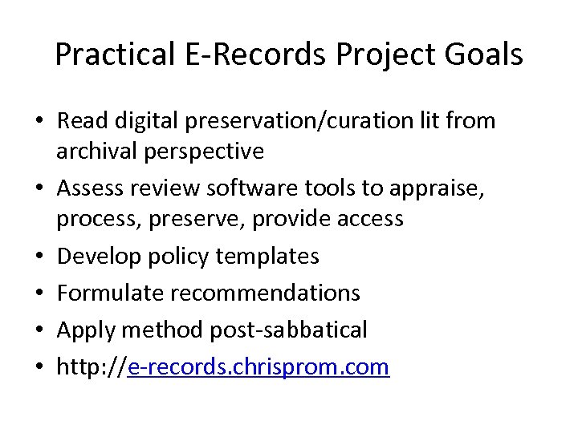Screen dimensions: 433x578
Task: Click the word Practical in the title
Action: click(112, 55)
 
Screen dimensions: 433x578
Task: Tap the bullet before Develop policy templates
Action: click(40, 257)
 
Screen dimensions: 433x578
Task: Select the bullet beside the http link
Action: click(40, 367)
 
